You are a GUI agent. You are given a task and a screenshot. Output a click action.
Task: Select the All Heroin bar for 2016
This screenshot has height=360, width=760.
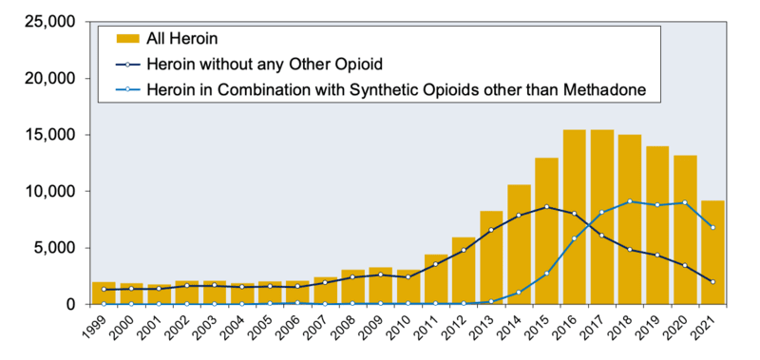574,218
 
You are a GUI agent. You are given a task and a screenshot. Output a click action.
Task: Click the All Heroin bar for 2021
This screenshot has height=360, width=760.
712,253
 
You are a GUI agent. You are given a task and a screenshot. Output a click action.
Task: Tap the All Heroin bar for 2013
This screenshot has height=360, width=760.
491,257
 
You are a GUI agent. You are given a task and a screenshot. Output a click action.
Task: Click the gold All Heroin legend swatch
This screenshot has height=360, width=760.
127,39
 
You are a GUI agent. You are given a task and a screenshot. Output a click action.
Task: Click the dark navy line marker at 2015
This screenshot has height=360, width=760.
546,207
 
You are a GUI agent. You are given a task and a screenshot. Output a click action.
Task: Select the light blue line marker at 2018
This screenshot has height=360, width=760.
629,201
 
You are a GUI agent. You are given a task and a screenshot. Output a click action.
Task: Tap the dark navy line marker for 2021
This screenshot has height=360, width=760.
712,282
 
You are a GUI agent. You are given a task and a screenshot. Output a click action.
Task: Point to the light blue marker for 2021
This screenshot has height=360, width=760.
712,227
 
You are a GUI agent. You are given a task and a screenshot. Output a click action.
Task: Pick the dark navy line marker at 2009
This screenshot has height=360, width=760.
381,275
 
